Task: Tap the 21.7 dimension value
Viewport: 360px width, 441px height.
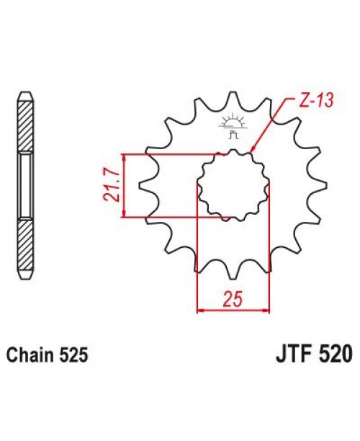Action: (x=112, y=185)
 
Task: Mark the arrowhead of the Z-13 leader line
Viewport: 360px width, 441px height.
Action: (x=251, y=152)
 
